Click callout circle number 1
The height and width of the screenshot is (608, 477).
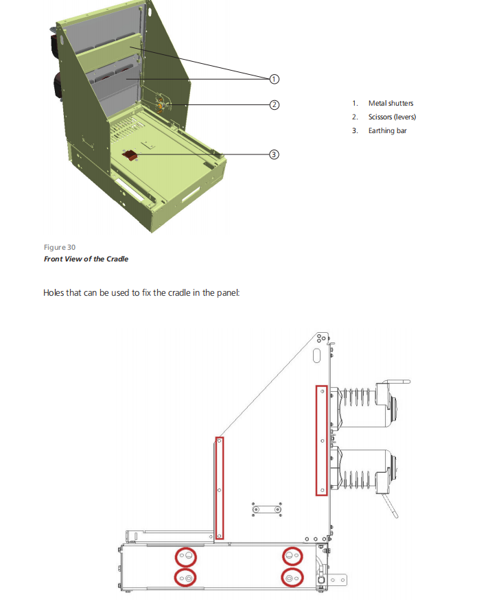[274, 79]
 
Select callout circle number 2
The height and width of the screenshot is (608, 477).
[274, 105]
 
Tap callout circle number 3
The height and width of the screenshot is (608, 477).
[274, 154]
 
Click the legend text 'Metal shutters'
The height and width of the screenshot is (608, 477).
[391, 104]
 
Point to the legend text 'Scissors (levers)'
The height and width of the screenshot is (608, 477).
[392, 117]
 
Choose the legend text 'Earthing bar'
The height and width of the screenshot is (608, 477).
[387, 130]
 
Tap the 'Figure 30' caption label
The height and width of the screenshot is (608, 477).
[60, 247]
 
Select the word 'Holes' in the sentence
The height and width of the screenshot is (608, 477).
[54, 293]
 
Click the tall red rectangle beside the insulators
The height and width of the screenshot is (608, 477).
[321, 440]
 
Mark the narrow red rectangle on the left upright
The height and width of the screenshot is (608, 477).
[220, 487]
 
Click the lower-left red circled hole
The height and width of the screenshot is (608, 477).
[185, 578]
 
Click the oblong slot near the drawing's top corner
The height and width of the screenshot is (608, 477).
[317, 355]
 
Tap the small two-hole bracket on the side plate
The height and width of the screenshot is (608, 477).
[266, 509]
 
